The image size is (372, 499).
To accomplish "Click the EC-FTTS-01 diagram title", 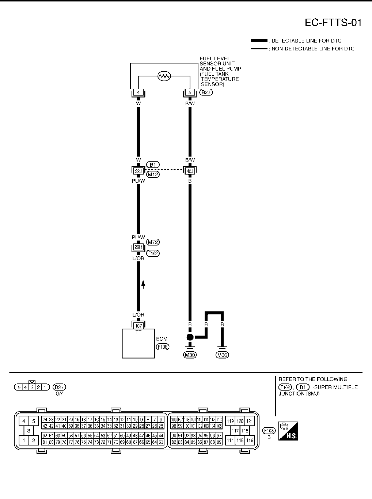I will (333, 23).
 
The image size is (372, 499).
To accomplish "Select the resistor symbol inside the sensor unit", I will (164, 76).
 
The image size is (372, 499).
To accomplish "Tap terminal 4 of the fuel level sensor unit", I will (138, 92).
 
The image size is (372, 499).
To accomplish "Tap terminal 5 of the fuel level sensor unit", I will (190, 92).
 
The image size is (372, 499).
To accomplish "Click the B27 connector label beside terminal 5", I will (206, 92).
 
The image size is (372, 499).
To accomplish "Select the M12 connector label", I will (153, 174).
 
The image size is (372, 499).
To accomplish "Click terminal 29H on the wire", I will (138, 247).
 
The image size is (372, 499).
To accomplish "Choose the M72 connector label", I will (153, 242).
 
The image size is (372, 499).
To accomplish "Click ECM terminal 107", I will (138, 326).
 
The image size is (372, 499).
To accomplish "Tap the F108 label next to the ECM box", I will (163, 347).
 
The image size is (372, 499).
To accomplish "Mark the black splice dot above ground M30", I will (190, 337).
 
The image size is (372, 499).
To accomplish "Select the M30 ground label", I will (190, 355).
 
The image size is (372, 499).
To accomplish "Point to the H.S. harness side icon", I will (288, 431).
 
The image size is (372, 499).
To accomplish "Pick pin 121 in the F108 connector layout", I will (249, 421).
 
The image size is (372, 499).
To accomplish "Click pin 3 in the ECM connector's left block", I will (29, 431).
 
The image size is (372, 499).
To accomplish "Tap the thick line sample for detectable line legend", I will (259, 41).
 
